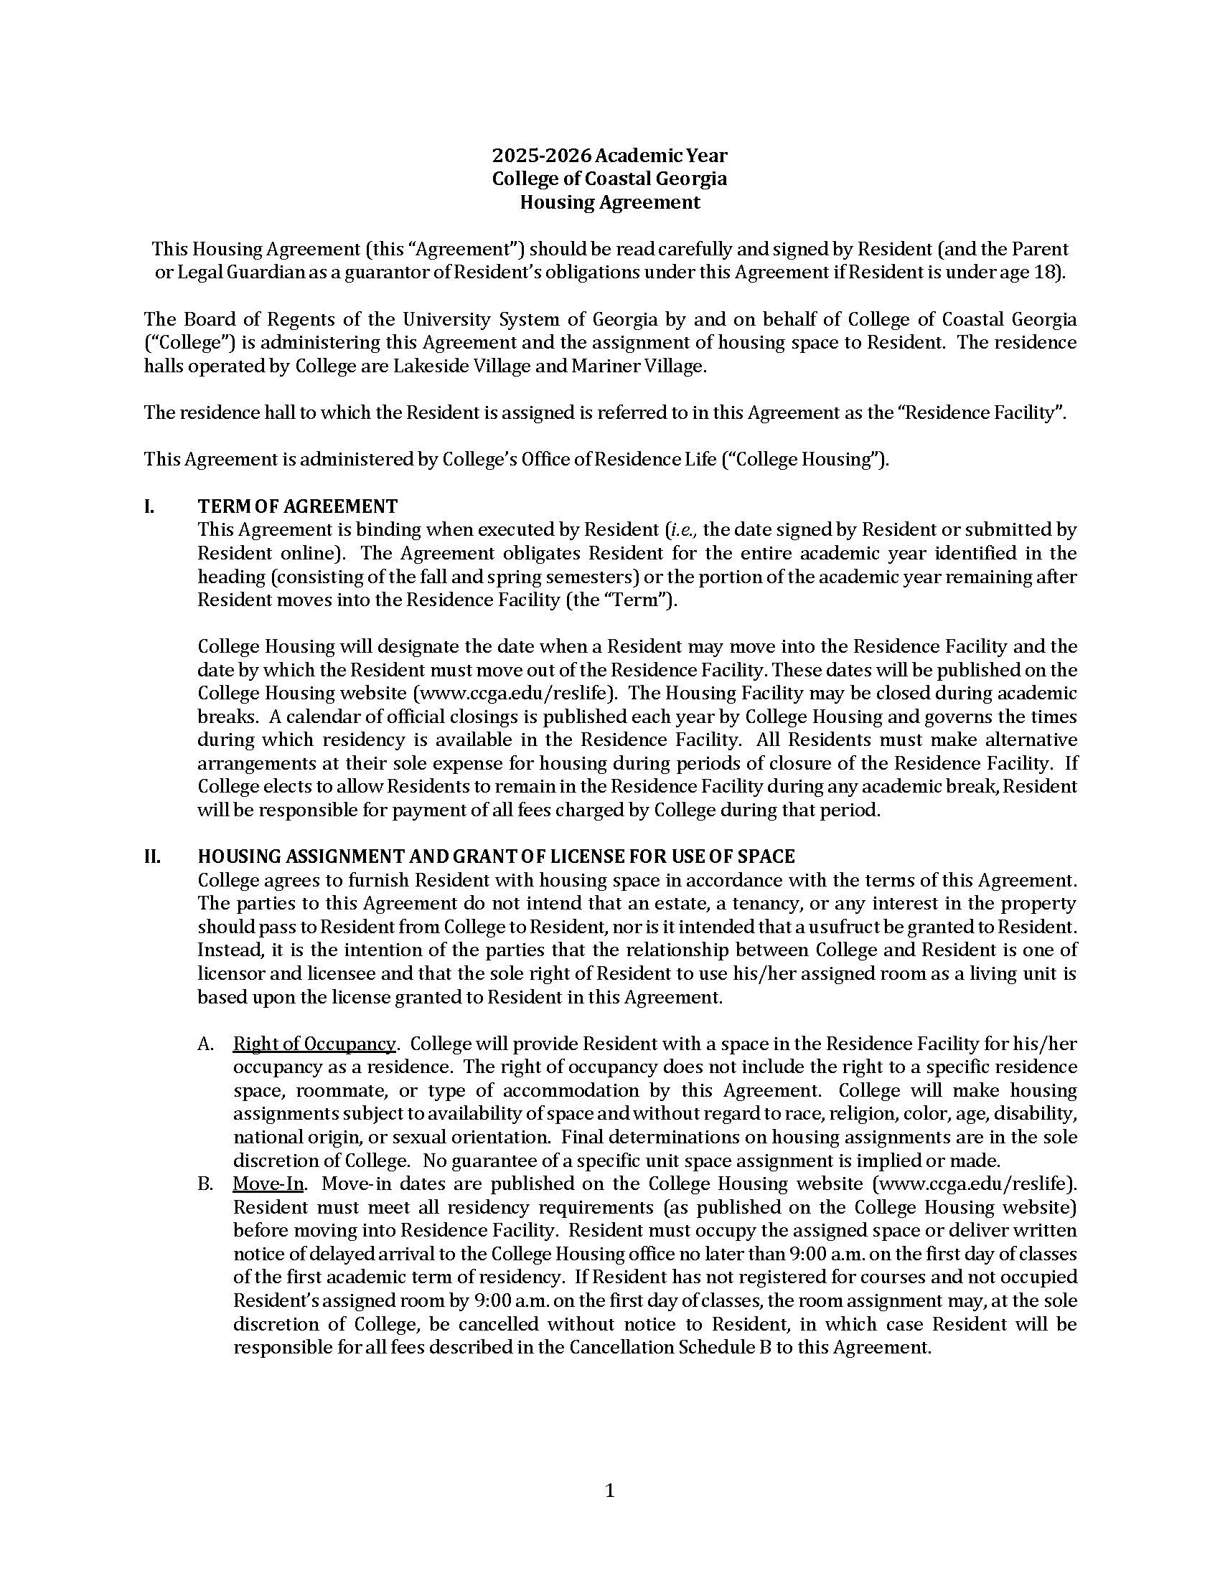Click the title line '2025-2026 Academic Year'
609,156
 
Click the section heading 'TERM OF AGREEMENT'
297,506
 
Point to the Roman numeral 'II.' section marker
151,856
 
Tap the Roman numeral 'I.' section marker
149,506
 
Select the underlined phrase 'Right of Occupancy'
314,1044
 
